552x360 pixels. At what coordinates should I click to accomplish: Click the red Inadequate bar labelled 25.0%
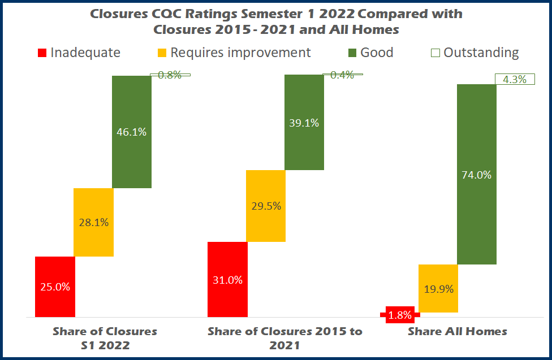[55, 287]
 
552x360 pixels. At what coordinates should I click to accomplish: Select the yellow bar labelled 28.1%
[93, 222]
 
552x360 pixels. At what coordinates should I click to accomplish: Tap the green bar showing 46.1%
[132, 132]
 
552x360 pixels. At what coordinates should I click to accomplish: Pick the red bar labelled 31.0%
[227, 279]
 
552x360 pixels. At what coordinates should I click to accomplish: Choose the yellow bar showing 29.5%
[266, 206]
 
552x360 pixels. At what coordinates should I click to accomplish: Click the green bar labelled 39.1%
[304, 123]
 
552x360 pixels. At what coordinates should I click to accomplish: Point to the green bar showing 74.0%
[477, 174]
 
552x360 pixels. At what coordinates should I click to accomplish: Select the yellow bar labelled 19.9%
[438, 288]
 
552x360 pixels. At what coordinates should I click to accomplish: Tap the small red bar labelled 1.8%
[400, 315]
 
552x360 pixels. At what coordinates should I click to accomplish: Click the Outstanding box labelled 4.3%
[515, 80]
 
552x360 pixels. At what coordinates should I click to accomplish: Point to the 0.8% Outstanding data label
[170, 75]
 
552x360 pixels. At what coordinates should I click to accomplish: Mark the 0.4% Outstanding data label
[342, 75]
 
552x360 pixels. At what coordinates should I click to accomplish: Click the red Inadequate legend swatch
[42, 53]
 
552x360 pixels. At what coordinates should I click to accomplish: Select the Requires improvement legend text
[240, 53]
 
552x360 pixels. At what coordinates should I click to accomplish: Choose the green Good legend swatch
[352, 53]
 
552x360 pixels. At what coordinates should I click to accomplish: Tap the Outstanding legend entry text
[481, 53]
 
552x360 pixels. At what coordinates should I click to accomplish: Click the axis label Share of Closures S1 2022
[105, 338]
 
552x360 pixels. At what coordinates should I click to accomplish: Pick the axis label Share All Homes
[458, 332]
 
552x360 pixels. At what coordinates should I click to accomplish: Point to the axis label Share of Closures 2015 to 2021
[284, 338]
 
